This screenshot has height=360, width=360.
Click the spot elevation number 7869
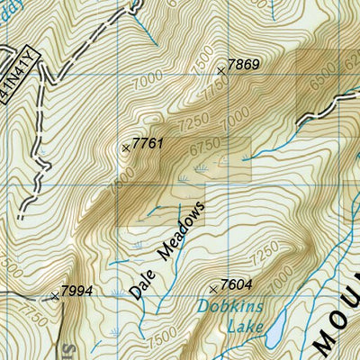tap(244, 64)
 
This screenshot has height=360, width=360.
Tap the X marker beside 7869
tap(221, 69)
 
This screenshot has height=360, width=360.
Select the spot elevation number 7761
tap(147, 143)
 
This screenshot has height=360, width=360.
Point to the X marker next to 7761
tap(125, 148)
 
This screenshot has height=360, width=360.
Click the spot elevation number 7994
tap(76, 292)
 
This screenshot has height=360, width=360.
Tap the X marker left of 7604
tap(212, 289)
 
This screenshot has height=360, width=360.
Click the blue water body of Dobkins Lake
tap(273, 334)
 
